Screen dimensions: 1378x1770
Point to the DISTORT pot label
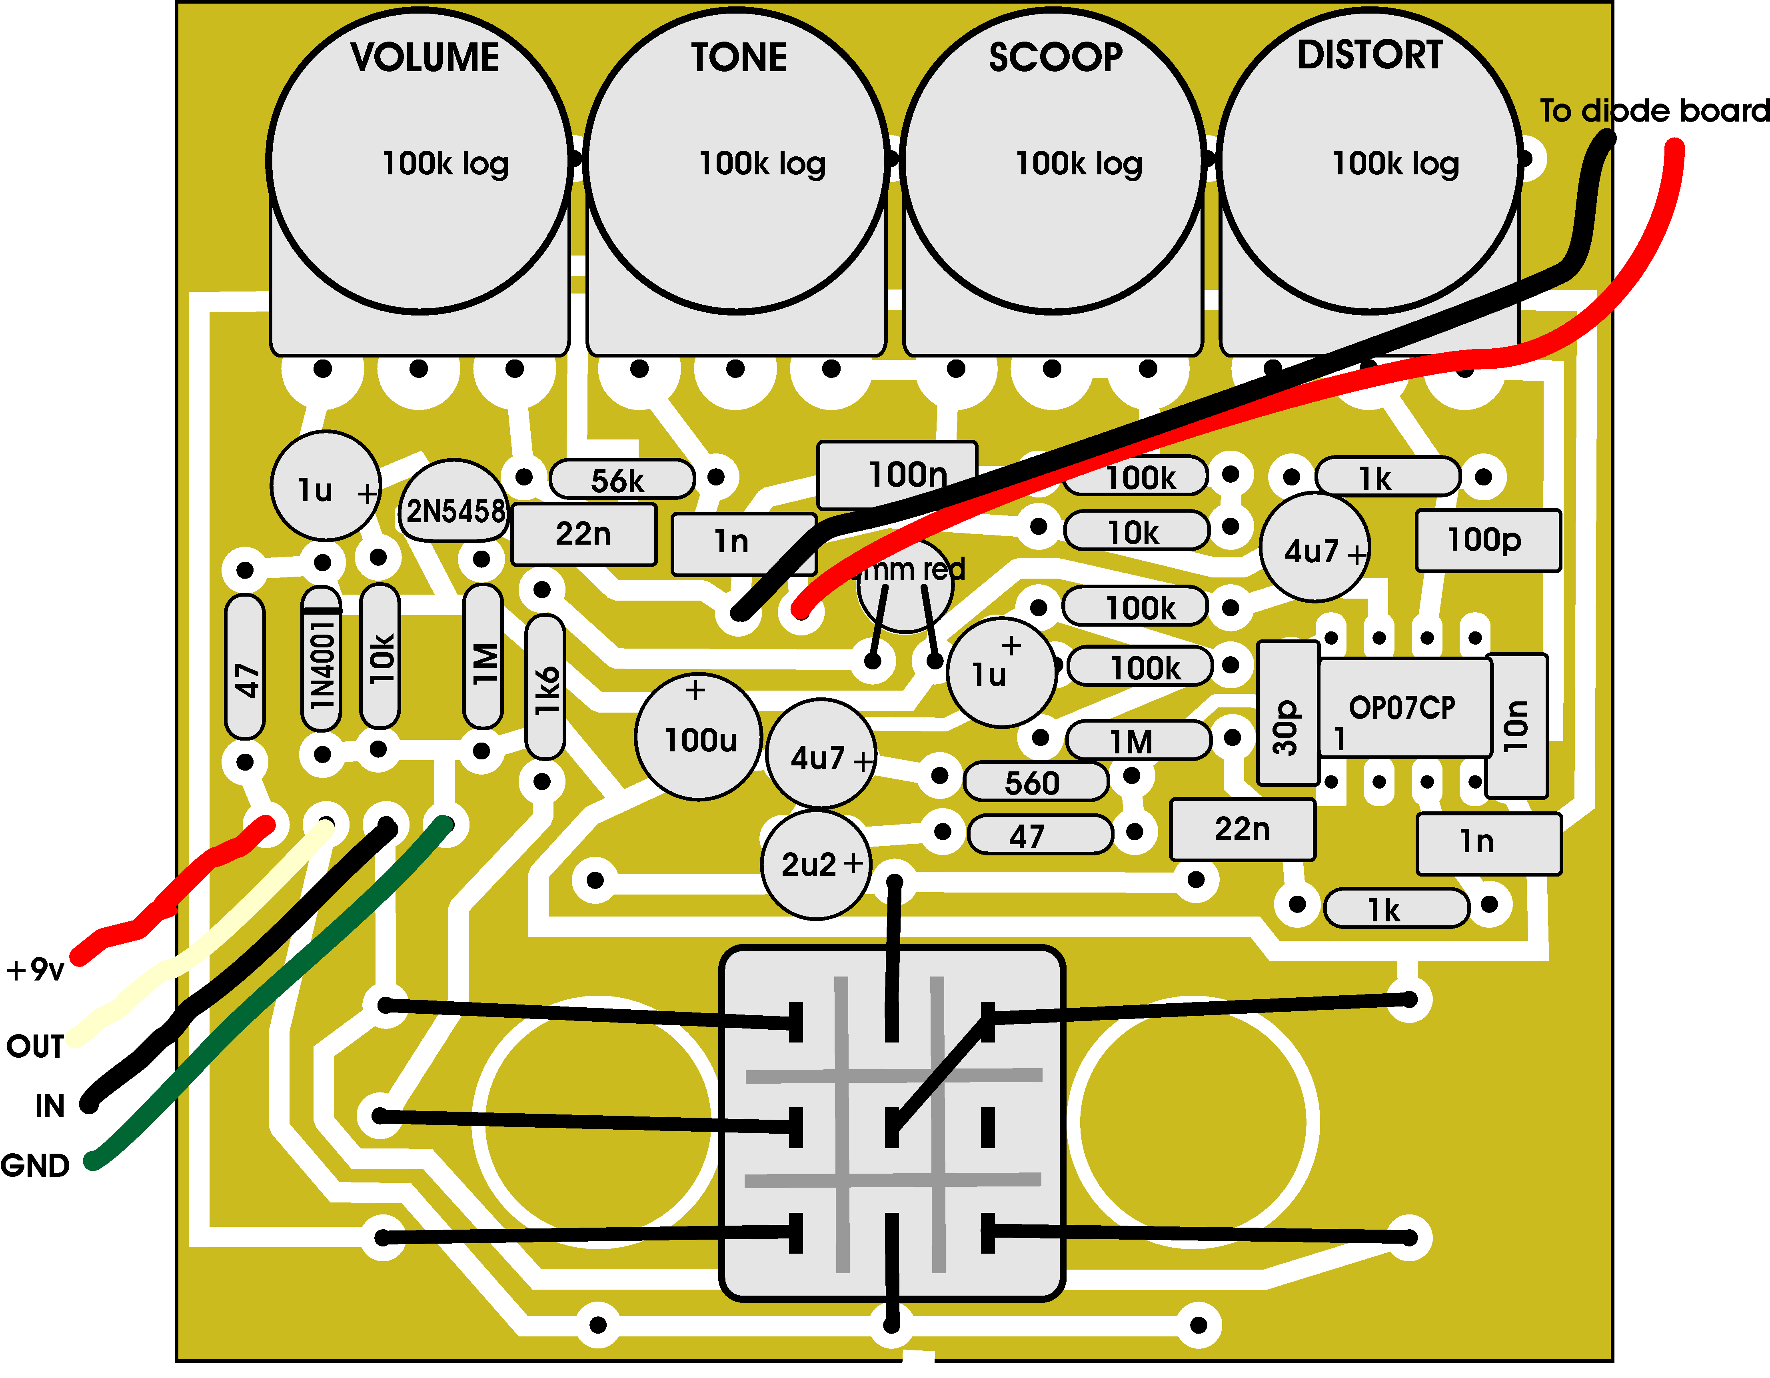pyautogui.click(x=1370, y=55)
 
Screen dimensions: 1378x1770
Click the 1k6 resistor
pyautogui.click(x=545, y=687)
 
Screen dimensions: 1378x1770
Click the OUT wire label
pyautogui.click(x=34, y=1046)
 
